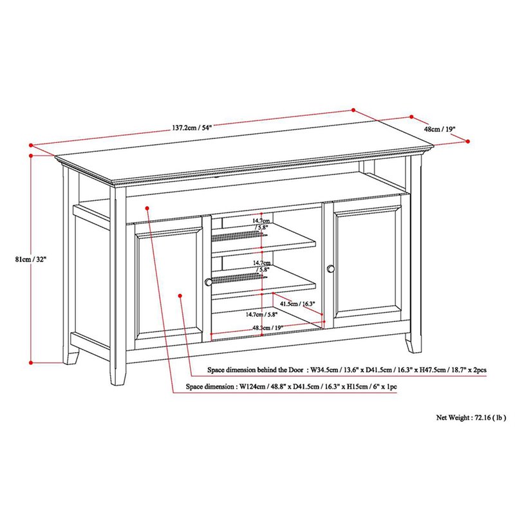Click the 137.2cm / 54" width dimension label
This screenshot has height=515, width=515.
pos(192,127)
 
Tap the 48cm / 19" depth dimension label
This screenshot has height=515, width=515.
pos(439,129)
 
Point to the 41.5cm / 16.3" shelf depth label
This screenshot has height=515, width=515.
pos(298,303)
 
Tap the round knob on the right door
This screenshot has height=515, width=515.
pos(331,268)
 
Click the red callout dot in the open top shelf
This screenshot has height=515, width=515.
pos(147,208)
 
